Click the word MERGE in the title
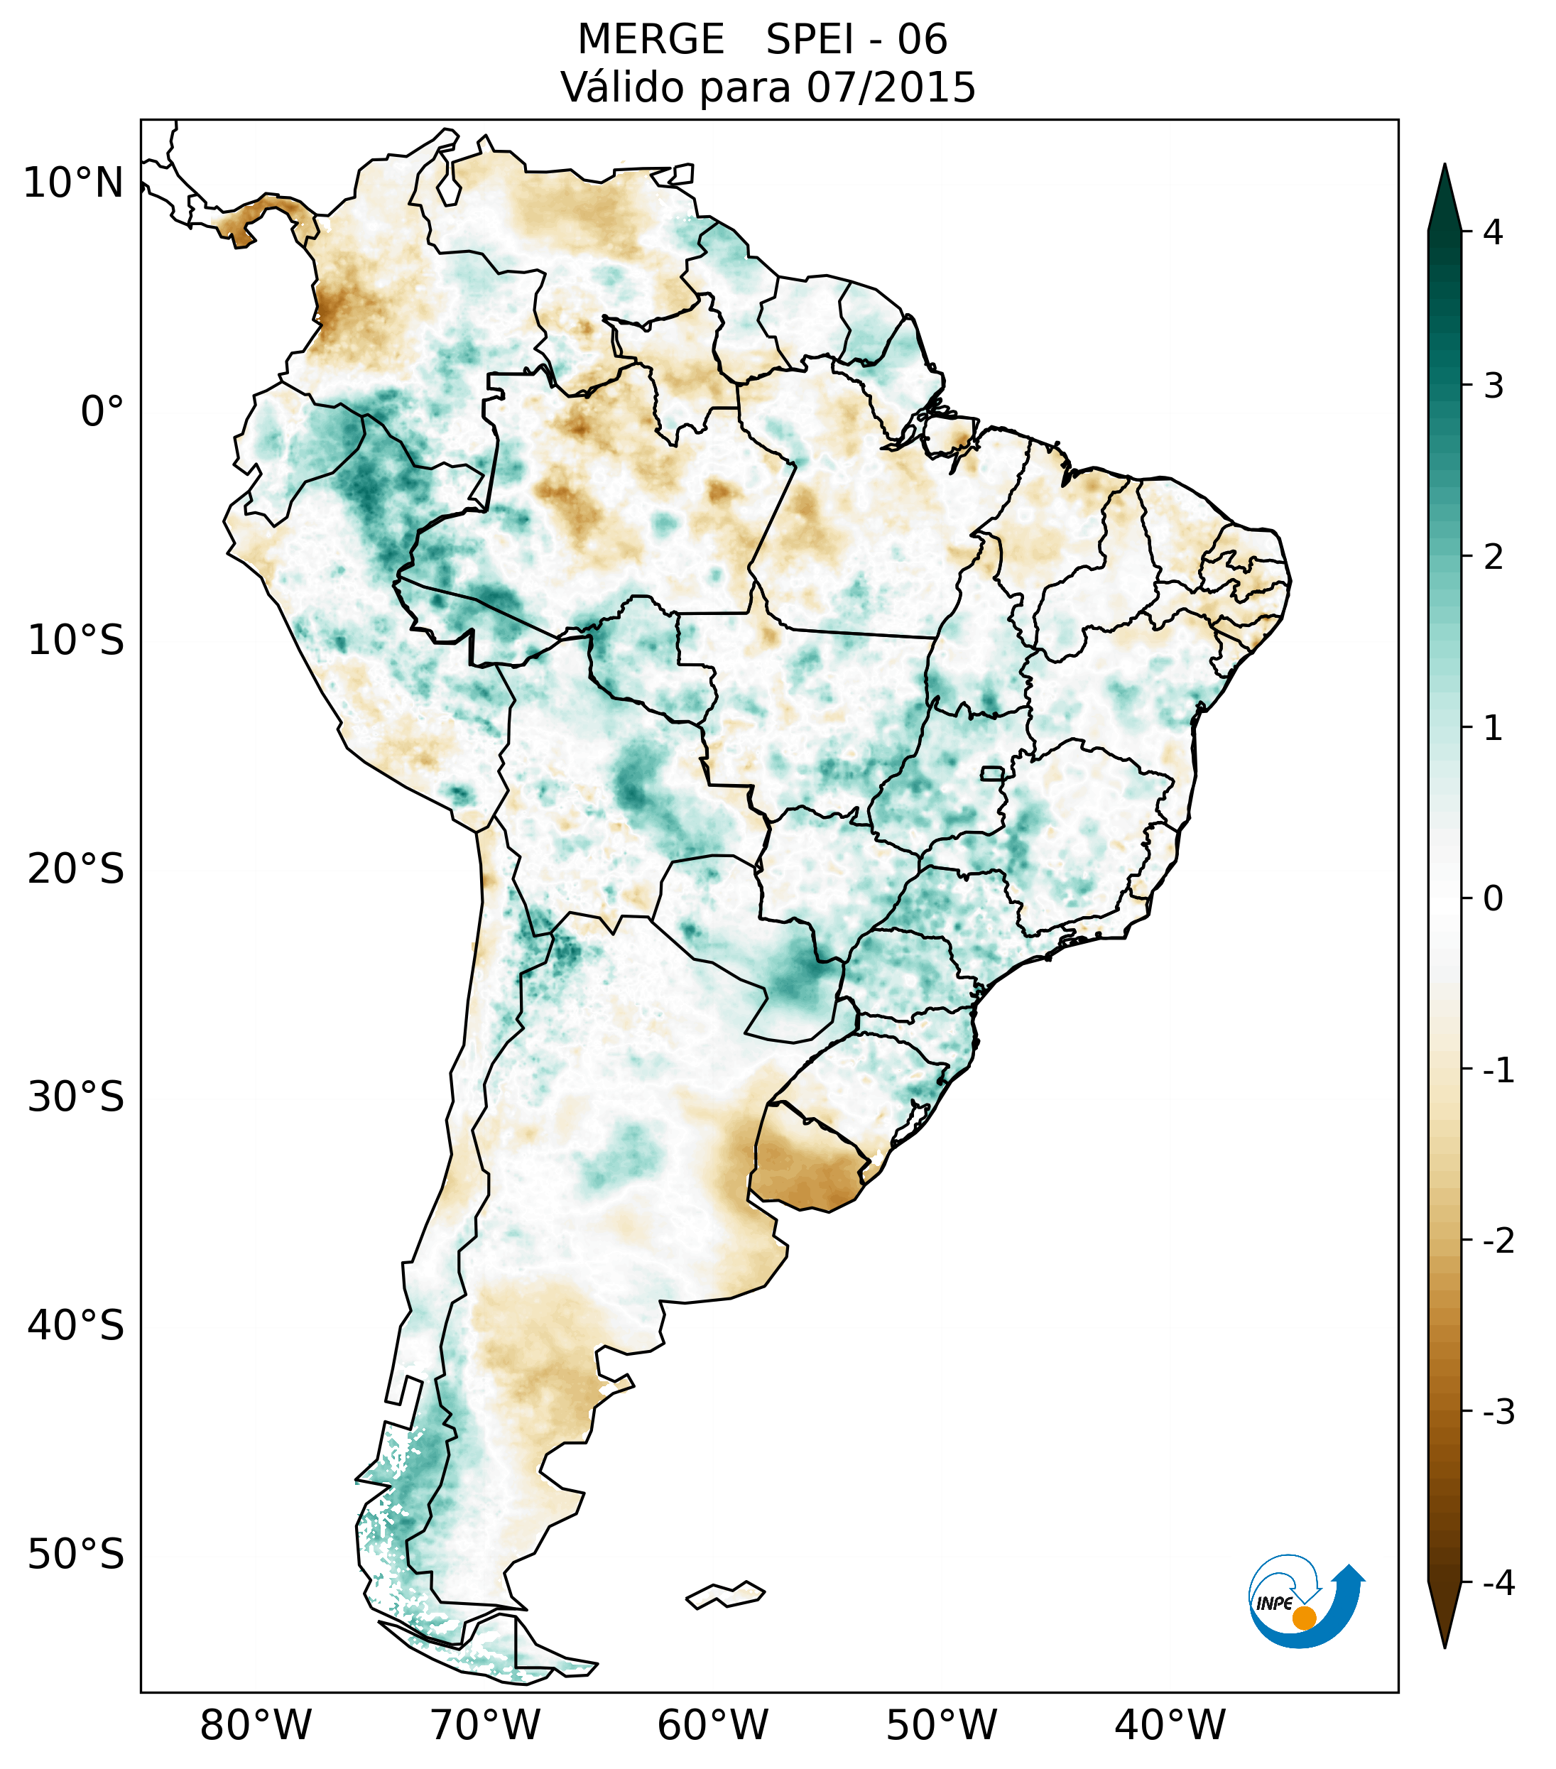click(x=650, y=40)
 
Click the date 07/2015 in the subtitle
click(x=891, y=87)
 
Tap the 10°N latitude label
click(x=72, y=183)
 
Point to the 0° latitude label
click(x=102, y=412)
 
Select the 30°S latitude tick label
click(x=76, y=1097)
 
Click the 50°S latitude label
click(x=76, y=1555)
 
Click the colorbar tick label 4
click(x=1493, y=232)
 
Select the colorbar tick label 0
click(x=1493, y=899)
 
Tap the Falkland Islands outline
click(x=726, y=1594)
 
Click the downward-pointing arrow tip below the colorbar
click(x=1444, y=1643)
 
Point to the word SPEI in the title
click(x=808, y=40)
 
